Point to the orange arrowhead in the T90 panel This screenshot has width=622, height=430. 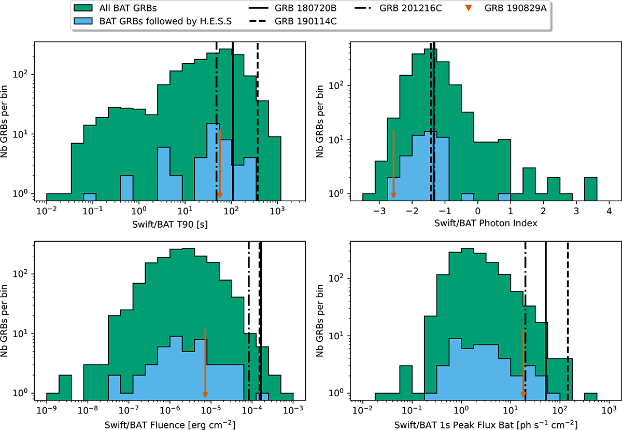click(x=220, y=195)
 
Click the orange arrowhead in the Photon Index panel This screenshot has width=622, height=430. click(x=393, y=195)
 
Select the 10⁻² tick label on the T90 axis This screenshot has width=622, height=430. click(x=47, y=212)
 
